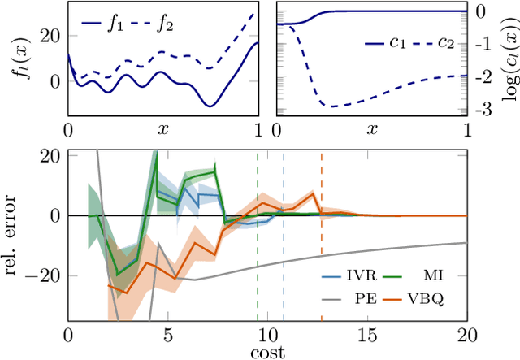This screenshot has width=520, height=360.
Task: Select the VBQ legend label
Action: coord(441,298)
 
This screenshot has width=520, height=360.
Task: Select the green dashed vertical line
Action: coord(258,244)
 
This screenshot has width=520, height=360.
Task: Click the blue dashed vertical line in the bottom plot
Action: coord(284,244)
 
